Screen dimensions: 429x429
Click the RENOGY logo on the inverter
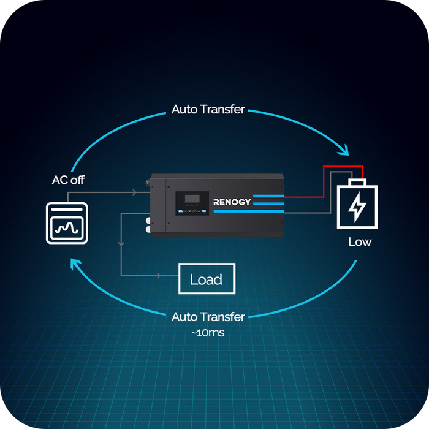pyautogui.click(x=232, y=202)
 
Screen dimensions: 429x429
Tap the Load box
pyautogui.click(x=206, y=279)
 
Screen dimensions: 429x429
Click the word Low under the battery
pyautogui.click(x=360, y=241)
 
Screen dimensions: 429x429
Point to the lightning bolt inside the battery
pyautogui.click(x=356, y=207)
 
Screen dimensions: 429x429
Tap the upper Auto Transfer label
pyautogui.click(x=208, y=110)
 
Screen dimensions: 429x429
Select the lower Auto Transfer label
pyautogui.click(x=208, y=317)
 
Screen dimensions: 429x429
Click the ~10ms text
pyautogui.click(x=208, y=333)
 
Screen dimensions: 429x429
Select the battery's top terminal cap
pyautogui.click(x=355, y=182)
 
